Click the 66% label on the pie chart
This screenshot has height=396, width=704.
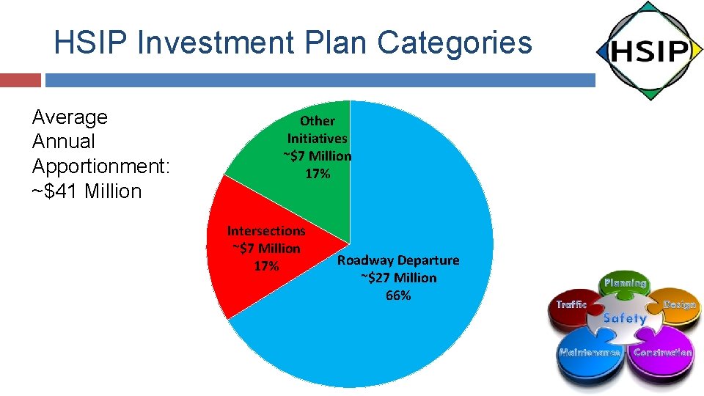tap(398, 296)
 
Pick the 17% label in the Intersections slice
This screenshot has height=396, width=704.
tap(265, 266)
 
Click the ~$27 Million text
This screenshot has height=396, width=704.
tap(398, 278)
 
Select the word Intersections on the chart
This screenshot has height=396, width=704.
tap(265, 231)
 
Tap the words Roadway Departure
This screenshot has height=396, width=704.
tap(398, 260)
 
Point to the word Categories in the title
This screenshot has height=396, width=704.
tap(455, 43)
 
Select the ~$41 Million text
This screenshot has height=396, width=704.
tap(87, 191)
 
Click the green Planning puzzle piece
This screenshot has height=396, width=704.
tap(625, 286)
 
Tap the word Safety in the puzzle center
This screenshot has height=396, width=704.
tap(624, 318)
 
